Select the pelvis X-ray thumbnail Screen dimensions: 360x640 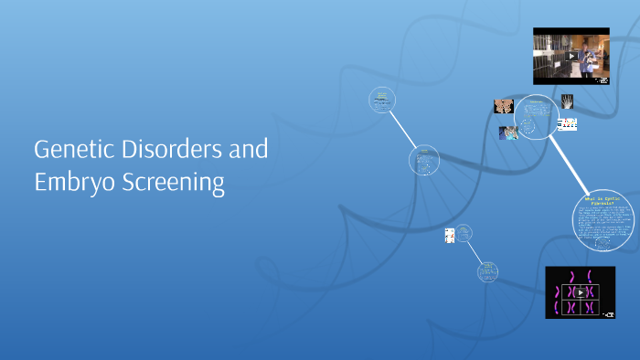[503, 106]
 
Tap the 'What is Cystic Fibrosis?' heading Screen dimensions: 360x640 [603, 202]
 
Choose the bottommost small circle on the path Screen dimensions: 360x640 [487, 271]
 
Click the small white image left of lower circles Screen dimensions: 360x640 [450, 235]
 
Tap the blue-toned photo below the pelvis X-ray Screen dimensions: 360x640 [508, 132]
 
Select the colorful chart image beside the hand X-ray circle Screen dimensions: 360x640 [567, 123]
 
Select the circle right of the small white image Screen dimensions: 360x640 [464, 233]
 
